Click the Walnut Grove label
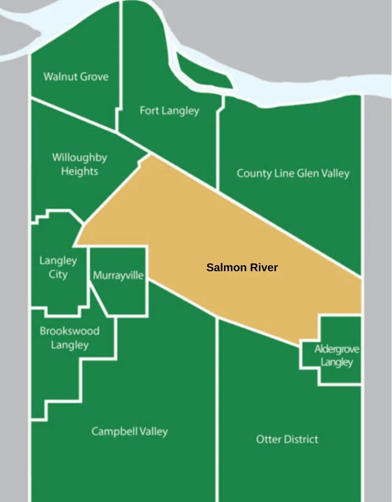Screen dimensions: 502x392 point(76,76)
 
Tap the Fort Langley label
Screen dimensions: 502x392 point(169,111)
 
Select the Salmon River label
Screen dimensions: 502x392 point(242,267)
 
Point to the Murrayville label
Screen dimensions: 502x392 point(118,275)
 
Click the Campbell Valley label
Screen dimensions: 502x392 point(129,431)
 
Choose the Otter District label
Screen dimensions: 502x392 point(287,439)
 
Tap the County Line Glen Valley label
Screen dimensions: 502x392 point(293,173)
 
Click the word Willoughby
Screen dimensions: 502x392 point(80,158)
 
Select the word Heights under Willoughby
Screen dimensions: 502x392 point(80,171)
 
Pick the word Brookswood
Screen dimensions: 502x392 point(69,331)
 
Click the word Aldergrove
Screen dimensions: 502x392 point(336,349)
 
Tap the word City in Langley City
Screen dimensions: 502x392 point(58,274)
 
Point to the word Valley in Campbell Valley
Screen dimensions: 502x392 point(152,431)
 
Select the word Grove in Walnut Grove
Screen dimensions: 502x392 point(94,76)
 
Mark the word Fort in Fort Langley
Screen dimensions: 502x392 point(149,110)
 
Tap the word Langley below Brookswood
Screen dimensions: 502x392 point(70,345)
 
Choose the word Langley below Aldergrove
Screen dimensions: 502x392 point(336,362)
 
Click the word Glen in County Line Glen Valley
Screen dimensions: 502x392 point(308,173)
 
